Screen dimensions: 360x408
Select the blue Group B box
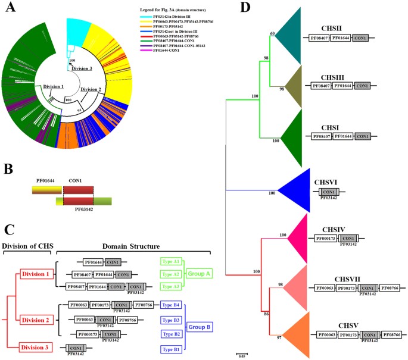point(200,327)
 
